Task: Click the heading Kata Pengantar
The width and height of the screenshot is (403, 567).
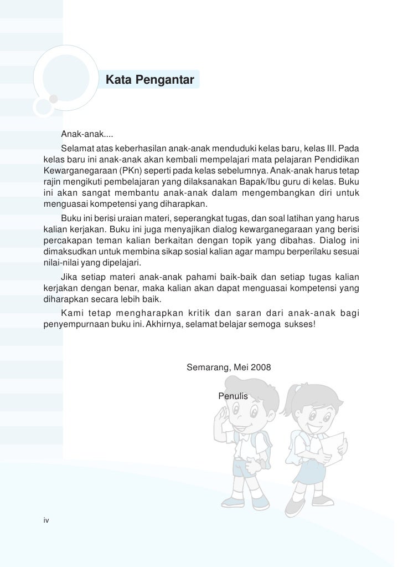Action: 149,81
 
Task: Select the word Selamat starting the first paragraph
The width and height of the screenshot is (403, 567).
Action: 77,149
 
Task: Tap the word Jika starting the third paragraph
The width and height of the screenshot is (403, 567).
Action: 70,276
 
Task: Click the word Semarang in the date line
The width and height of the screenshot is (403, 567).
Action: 208,367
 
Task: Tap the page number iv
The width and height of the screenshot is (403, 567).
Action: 46,520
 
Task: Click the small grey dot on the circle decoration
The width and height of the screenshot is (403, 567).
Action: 54,99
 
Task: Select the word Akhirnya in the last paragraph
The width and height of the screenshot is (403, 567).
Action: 167,323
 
